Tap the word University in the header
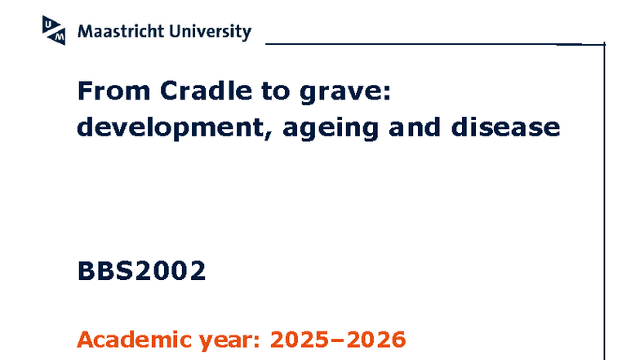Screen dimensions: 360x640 (211, 32)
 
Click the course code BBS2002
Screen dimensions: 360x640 (141, 271)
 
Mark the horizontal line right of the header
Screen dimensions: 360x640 (424, 42)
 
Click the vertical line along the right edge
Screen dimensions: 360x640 (603, 204)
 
